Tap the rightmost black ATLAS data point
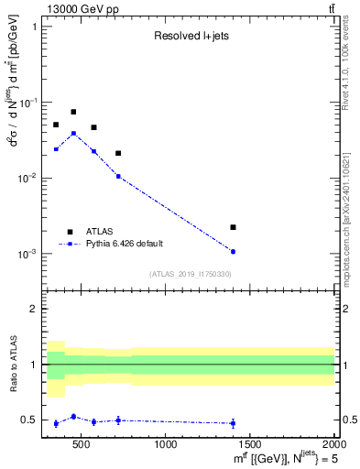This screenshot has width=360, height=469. (x=233, y=227)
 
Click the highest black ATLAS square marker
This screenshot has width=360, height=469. (x=73, y=112)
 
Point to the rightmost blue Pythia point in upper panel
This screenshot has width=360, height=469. (x=233, y=251)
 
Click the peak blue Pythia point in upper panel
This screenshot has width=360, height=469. (x=73, y=133)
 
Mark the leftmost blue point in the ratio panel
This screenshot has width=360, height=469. (x=56, y=423)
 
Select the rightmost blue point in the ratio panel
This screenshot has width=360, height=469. (x=233, y=423)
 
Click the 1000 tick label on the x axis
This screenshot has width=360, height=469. (x=166, y=446)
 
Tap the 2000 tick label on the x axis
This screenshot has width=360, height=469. (x=334, y=446)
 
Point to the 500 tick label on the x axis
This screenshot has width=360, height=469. (x=82, y=446)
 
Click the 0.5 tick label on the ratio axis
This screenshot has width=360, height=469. (x=29, y=420)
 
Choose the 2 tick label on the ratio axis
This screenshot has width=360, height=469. (x=34, y=309)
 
